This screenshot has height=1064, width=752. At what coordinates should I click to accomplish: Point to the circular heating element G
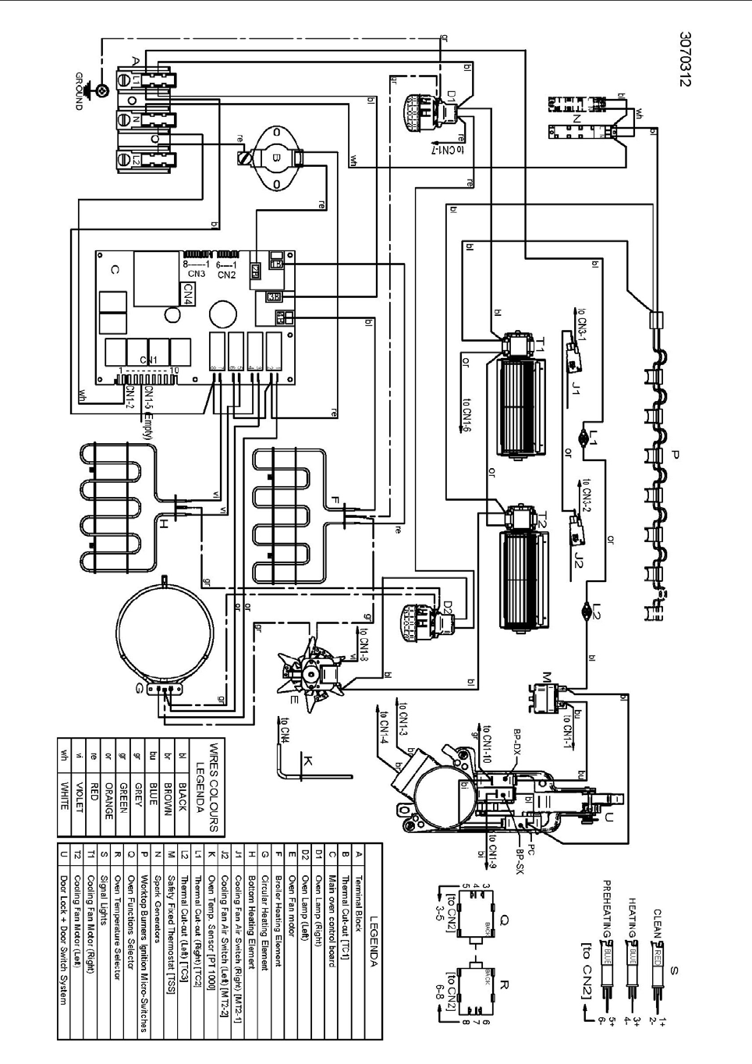point(165,630)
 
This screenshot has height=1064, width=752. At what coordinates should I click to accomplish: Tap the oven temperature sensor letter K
point(307,760)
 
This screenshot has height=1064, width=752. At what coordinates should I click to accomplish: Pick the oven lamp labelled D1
point(450,96)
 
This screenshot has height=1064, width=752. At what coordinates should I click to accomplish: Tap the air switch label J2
point(578,559)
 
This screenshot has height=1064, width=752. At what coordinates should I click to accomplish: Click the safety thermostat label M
point(546,676)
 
